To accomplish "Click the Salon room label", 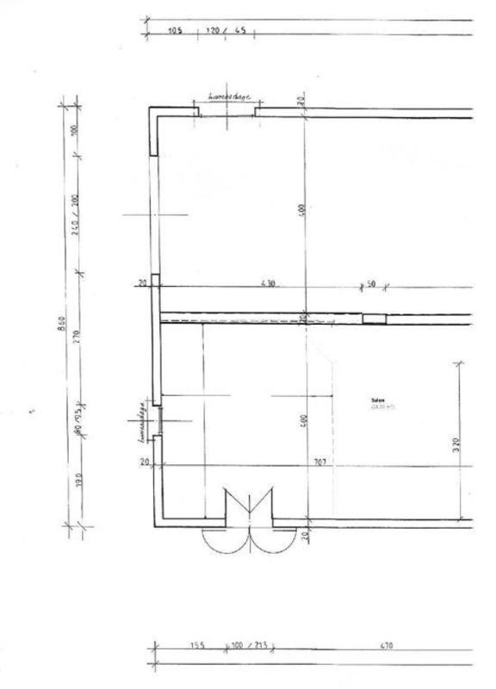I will click(376, 400).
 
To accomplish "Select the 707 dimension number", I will click(319, 462).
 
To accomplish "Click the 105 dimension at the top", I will click(176, 32).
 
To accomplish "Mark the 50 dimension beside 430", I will click(371, 283).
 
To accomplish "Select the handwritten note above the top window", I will click(228, 98).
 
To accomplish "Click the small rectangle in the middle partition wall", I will click(374, 319).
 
